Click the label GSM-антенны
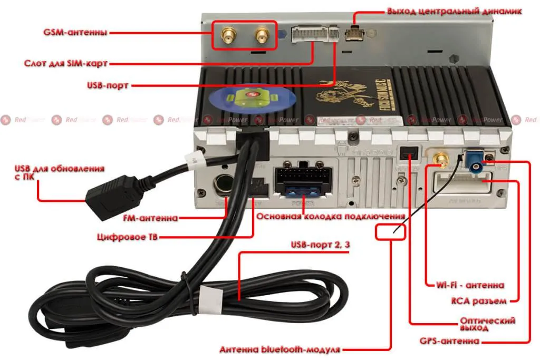[75, 32]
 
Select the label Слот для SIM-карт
[66, 63]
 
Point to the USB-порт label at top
[108, 84]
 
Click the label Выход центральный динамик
[455, 11]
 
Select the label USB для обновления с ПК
[59, 173]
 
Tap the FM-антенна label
[150, 218]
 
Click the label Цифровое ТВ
[128, 237]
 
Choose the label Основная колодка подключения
[331, 217]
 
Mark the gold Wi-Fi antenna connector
[441, 159]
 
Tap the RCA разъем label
[479, 301]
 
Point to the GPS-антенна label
[450, 341]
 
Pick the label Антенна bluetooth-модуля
[280, 349]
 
